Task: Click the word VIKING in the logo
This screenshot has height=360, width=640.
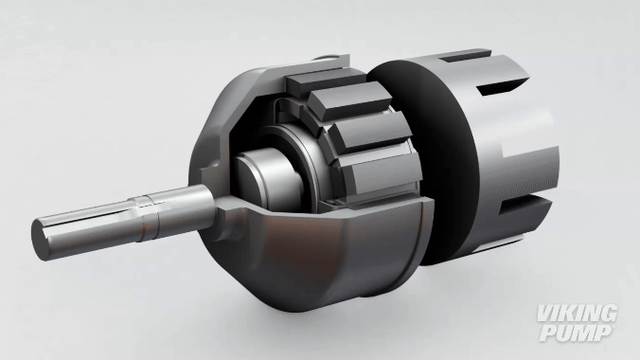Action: click(x=577, y=314)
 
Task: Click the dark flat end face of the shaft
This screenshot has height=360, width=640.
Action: click(x=41, y=240)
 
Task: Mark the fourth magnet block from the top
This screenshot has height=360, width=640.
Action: click(x=382, y=171)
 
